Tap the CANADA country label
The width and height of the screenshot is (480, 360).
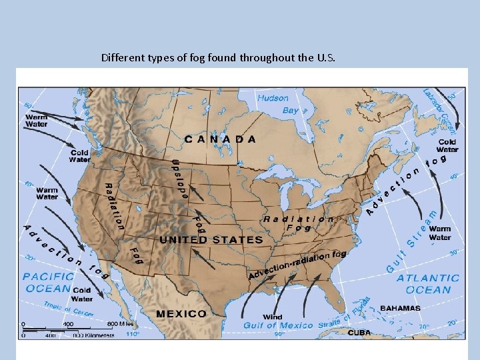[219, 139]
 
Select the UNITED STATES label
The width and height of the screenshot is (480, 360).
[211, 239]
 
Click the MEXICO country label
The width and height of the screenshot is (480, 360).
[181, 313]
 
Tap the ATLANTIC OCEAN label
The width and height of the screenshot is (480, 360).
[428, 283]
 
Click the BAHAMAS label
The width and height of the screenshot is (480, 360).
[400, 309]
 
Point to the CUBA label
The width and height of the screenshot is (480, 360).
[359, 332]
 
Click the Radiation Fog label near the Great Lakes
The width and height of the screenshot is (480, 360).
[299, 223]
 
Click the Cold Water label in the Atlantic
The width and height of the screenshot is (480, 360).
[447, 146]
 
